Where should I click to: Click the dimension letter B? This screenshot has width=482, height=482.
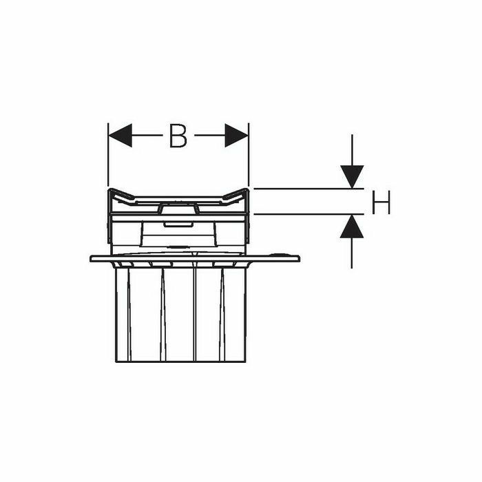pyautogui.click(x=178, y=136)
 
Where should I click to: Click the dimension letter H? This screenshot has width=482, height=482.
pyautogui.click(x=381, y=203)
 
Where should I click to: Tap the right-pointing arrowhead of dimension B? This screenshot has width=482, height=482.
pyautogui.click(x=236, y=136)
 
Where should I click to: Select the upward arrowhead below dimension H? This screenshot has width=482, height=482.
pyautogui.click(x=352, y=226)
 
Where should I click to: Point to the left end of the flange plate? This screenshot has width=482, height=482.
pyautogui.click(x=92, y=259)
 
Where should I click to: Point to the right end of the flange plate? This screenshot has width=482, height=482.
pyautogui.click(x=297, y=258)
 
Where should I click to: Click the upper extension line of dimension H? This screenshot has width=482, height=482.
pyautogui.click(x=303, y=189)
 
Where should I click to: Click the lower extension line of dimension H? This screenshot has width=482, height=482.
pyautogui.click(x=303, y=214)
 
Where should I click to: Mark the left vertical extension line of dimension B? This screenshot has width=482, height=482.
pyautogui.click(x=108, y=158)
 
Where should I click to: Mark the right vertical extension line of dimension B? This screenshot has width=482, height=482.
pyautogui.click(x=249, y=158)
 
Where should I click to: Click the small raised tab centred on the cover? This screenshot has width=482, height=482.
pyautogui.click(x=179, y=207)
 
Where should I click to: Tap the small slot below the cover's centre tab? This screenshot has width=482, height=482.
pyautogui.click(x=179, y=223)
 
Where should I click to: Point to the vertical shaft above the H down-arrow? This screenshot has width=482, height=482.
pyautogui.click(x=352, y=148)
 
